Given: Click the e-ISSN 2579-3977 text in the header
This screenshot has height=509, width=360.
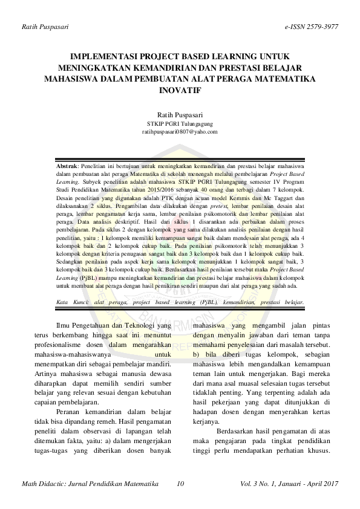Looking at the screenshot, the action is [310, 27].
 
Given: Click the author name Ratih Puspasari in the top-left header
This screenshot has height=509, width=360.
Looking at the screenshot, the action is [45, 27].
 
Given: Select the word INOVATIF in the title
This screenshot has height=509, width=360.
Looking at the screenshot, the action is [180, 89].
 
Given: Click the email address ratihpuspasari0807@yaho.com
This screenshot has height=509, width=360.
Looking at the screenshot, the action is [180, 131].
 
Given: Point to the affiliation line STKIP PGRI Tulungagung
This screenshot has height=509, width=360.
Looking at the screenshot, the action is [180, 123].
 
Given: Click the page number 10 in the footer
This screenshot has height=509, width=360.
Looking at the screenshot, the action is [180, 485].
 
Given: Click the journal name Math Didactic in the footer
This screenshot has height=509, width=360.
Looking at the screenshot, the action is [45, 485].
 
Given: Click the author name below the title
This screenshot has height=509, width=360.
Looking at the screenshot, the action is [180, 114].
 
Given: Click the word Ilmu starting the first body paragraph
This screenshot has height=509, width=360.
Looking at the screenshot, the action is [62, 325].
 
